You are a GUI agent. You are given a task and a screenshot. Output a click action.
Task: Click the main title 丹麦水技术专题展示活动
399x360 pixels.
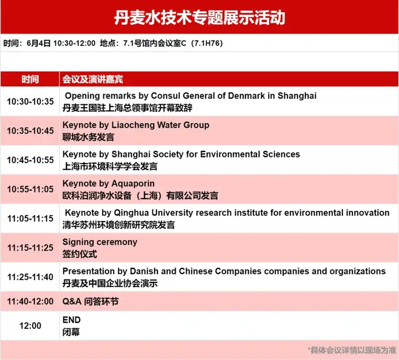(199, 18)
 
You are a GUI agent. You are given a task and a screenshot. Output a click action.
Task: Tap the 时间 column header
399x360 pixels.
(30, 79)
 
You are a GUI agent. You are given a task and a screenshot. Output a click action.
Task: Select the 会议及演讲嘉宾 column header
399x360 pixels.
(93, 79)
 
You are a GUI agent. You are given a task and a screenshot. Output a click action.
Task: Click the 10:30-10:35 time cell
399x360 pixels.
(30, 102)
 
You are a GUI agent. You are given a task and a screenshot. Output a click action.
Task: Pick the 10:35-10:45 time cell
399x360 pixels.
(30, 131)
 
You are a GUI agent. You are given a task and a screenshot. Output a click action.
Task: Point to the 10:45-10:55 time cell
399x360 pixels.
(30, 160)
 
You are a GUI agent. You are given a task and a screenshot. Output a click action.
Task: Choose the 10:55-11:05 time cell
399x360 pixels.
(30, 189)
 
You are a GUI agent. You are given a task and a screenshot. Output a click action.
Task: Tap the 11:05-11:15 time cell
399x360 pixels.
(30, 219)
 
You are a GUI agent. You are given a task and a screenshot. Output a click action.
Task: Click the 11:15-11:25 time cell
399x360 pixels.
(30, 247)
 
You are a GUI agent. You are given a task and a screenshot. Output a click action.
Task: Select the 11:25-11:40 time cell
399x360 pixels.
(30, 277)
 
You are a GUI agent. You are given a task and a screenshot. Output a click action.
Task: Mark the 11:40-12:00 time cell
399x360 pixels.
(30, 301)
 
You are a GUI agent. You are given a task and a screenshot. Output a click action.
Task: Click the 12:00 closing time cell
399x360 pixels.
(30, 326)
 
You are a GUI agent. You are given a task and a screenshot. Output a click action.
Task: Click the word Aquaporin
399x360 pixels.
(133, 184)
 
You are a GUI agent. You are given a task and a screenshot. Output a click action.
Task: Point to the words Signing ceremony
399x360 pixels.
(100, 242)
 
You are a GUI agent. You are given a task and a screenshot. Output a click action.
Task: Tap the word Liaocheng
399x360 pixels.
(133, 125)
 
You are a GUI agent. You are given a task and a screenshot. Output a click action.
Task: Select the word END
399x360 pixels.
(71, 320)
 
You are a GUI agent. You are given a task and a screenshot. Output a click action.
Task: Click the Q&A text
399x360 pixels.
(72, 301)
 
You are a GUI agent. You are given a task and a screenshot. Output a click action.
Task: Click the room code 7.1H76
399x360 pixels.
(207, 43)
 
